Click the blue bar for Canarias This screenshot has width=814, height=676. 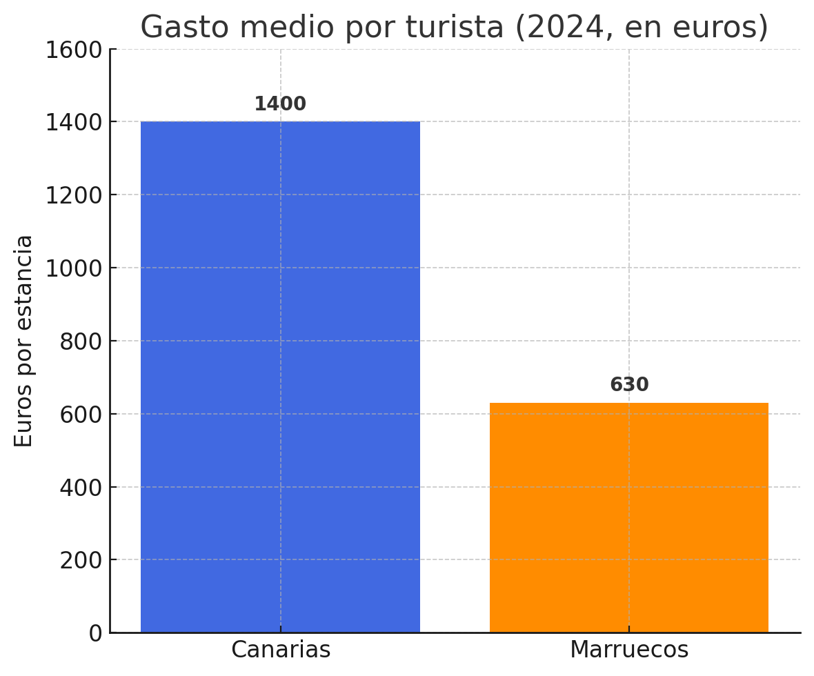280,377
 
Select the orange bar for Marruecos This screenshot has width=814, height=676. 628,517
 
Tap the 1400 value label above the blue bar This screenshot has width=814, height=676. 280,104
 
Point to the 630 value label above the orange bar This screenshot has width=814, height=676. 629,385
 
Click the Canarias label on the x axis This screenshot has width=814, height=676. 281,650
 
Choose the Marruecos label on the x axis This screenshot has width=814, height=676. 629,650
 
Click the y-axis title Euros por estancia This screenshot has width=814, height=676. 24,341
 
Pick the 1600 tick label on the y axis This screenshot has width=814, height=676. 73,50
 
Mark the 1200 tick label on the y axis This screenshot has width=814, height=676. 73,195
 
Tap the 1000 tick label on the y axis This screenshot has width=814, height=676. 73,268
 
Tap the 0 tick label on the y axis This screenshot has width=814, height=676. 96,633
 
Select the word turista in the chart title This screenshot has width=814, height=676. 455,28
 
